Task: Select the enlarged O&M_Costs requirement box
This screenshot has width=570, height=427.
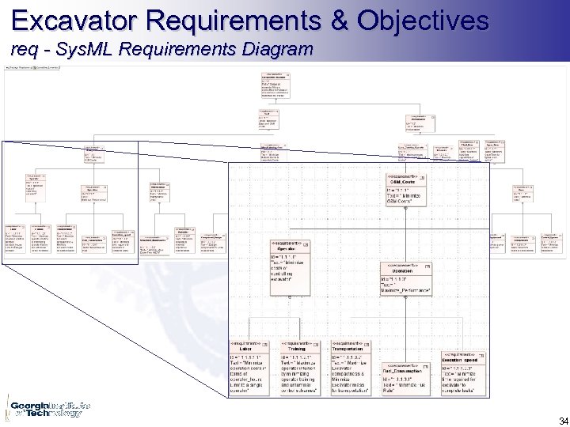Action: (x=406, y=190)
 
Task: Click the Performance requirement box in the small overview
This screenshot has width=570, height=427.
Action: (x=420, y=123)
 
